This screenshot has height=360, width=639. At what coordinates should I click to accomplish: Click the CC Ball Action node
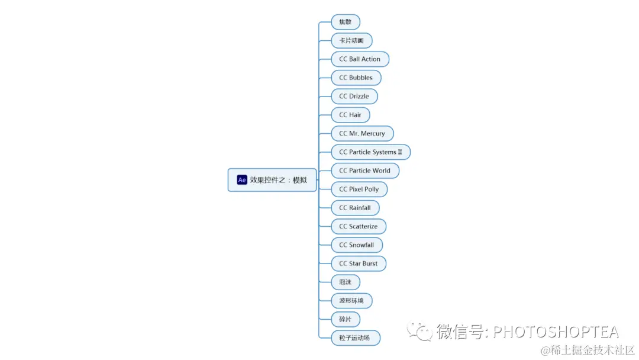click(x=360, y=59)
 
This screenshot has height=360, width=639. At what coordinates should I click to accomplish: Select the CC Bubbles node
click(x=356, y=78)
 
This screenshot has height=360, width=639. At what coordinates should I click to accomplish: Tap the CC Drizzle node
click(x=354, y=97)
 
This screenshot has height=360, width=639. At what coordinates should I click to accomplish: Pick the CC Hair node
click(x=350, y=115)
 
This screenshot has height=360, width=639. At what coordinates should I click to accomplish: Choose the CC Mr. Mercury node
click(x=362, y=134)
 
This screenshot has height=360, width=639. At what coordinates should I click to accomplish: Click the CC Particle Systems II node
click(x=370, y=152)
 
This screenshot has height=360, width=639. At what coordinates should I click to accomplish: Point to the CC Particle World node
click(x=364, y=171)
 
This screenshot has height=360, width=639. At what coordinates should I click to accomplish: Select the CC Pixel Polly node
click(x=359, y=189)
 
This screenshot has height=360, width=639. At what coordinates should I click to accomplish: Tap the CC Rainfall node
click(x=355, y=208)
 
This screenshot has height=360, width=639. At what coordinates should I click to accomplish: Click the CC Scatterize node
click(x=358, y=226)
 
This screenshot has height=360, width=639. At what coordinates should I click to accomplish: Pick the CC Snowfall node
click(x=357, y=245)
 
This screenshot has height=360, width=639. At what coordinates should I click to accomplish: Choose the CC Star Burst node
click(x=358, y=263)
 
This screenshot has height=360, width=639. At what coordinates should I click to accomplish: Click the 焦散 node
click(x=346, y=22)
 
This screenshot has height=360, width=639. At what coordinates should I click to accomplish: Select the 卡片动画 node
click(x=351, y=41)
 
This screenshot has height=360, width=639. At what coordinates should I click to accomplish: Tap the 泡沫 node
click(x=346, y=282)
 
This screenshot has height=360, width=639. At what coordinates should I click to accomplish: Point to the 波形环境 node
click(x=351, y=301)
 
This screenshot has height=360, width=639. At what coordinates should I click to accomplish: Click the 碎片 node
click(x=346, y=320)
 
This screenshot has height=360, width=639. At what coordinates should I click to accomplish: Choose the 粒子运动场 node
click(x=355, y=338)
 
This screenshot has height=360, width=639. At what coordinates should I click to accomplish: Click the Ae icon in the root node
click(x=242, y=180)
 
